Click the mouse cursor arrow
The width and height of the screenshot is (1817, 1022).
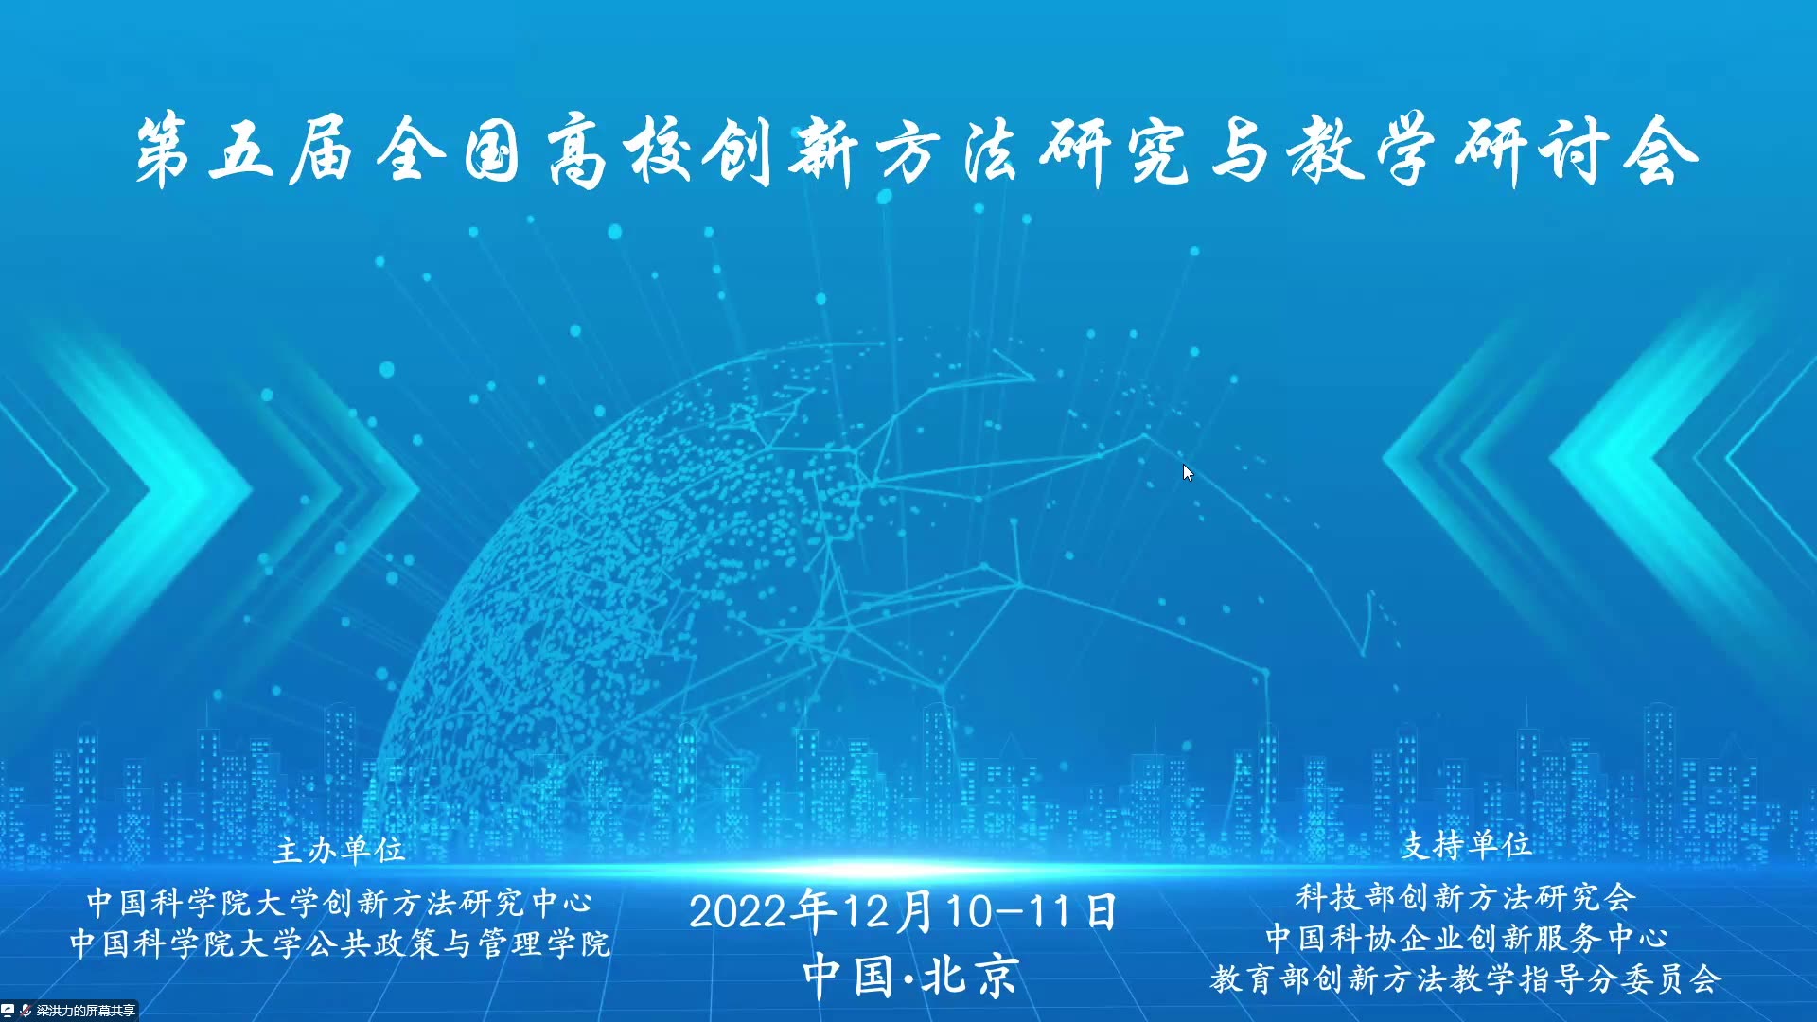coord(1188,473)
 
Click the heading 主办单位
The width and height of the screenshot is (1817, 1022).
coord(339,850)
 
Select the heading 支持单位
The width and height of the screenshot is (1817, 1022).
coord(1466,844)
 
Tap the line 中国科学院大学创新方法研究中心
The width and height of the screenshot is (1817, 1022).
coord(340,902)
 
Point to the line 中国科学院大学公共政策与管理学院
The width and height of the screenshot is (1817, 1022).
coord(340,943)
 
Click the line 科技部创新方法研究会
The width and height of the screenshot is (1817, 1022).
coord(1465,896)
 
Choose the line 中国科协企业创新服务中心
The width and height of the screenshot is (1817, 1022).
coord(1466,938)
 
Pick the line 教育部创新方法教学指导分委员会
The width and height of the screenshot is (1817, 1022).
coord(1465,979)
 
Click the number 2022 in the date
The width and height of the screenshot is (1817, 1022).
coord(737,912)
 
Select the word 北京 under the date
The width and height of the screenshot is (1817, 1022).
coord(970,976)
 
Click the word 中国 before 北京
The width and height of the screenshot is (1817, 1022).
coord(848,976)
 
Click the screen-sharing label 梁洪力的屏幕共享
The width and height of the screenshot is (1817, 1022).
coord(86,1011)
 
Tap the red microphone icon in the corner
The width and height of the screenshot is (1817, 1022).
coord(25,1011)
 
